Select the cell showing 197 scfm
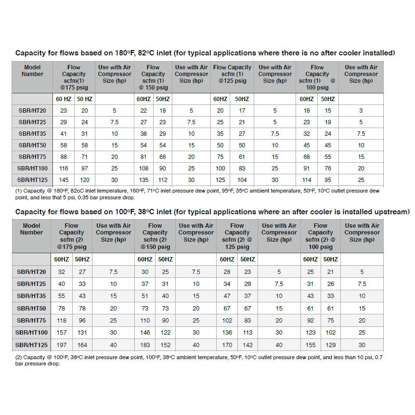[x=61, y=345]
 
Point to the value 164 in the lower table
[x=83, y=345]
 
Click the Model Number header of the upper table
[x=32, y=71]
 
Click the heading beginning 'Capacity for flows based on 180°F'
[x=205, y=53]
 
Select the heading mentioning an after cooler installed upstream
[x=212, y=211]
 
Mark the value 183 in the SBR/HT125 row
[x=145, y=345]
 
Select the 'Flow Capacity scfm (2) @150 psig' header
[x=155, y=236]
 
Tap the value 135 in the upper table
[x=143, y=180]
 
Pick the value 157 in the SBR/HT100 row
[x=61, y=333]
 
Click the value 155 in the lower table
[x=311, y=345]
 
